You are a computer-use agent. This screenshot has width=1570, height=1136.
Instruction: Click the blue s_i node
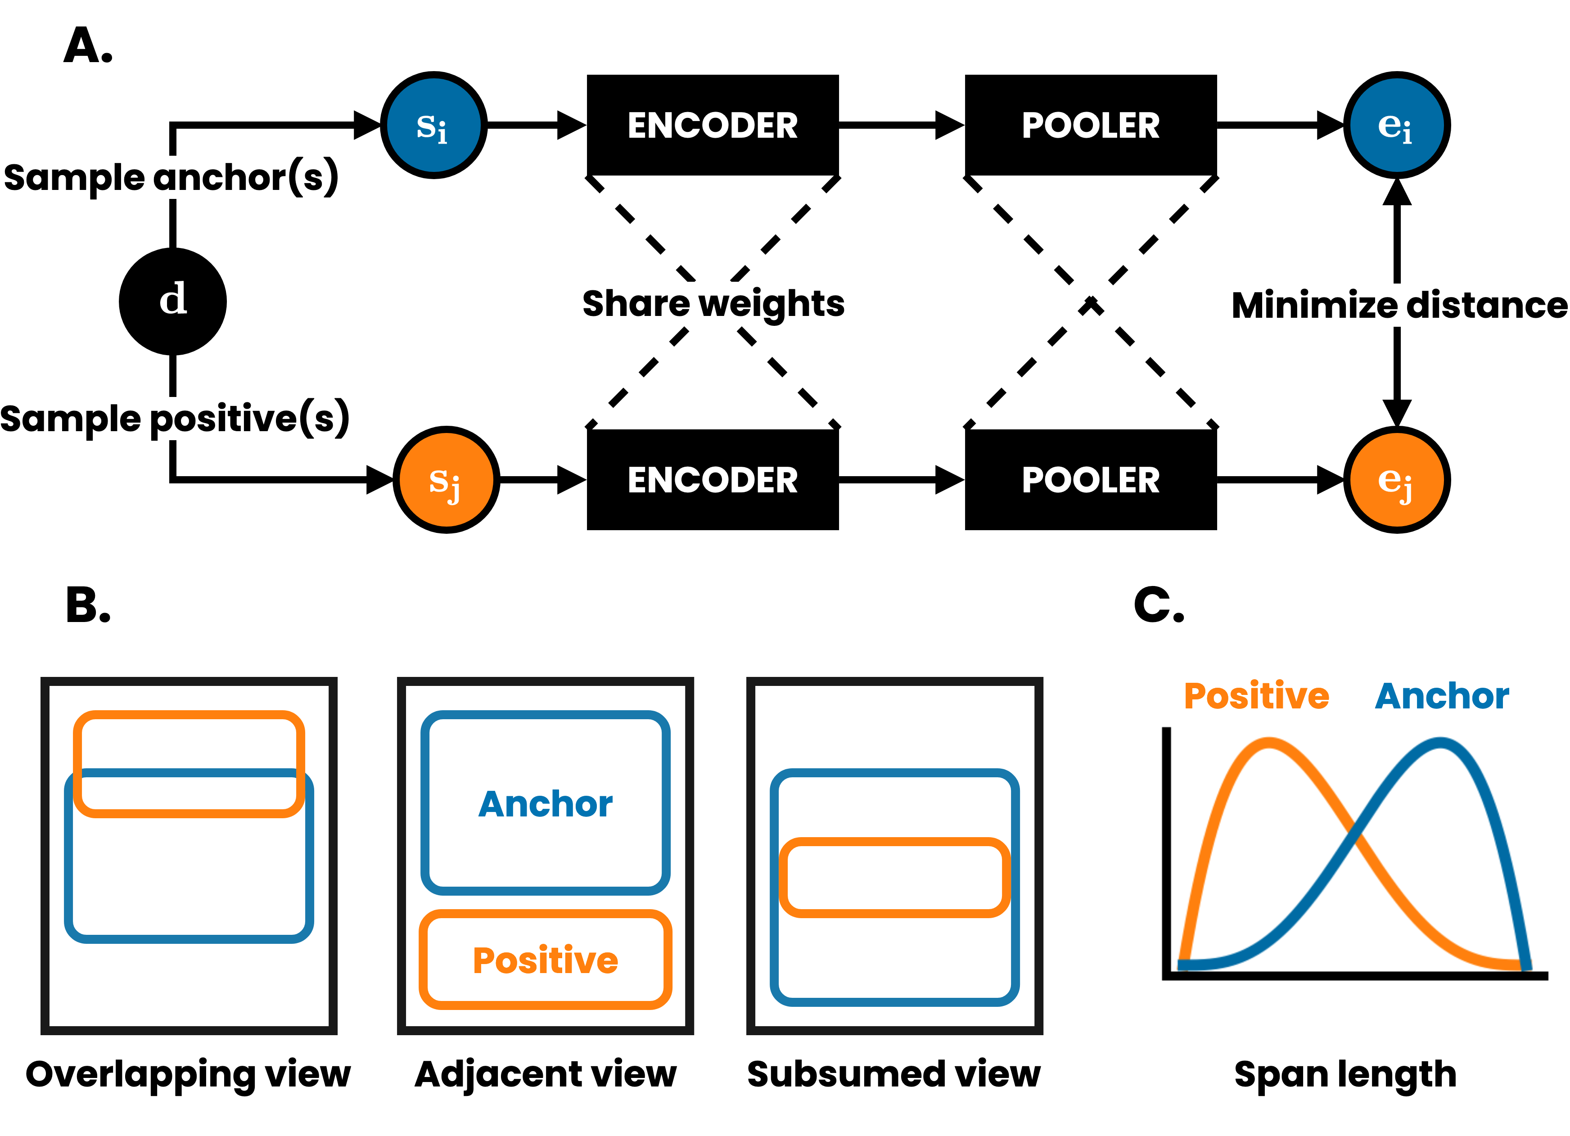point(433,125)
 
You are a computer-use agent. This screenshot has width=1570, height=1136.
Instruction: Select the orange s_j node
point(447,480)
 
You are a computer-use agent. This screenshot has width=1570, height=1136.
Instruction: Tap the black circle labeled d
point(173,301)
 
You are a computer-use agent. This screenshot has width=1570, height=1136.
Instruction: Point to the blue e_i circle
point(1396,125)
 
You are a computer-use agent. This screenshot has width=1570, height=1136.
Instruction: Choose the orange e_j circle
point(1396,480)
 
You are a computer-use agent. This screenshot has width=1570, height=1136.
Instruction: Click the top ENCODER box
point(713,125)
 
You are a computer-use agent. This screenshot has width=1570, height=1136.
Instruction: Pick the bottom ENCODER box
point(713,480)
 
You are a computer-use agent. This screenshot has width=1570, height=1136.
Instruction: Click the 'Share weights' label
point(713,304)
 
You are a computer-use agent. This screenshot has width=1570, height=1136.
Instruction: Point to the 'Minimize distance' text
point(1399,305)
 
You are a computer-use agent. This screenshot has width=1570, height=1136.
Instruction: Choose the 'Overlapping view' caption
point(188,1074)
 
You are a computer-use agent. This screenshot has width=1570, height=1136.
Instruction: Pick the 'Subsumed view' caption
point(893,1074)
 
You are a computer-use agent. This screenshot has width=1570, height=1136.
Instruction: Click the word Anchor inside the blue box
point(546,804)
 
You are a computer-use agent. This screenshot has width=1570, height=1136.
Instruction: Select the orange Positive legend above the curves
point(1256,696)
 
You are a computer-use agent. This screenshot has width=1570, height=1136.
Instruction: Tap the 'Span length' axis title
point(1345,1074)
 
